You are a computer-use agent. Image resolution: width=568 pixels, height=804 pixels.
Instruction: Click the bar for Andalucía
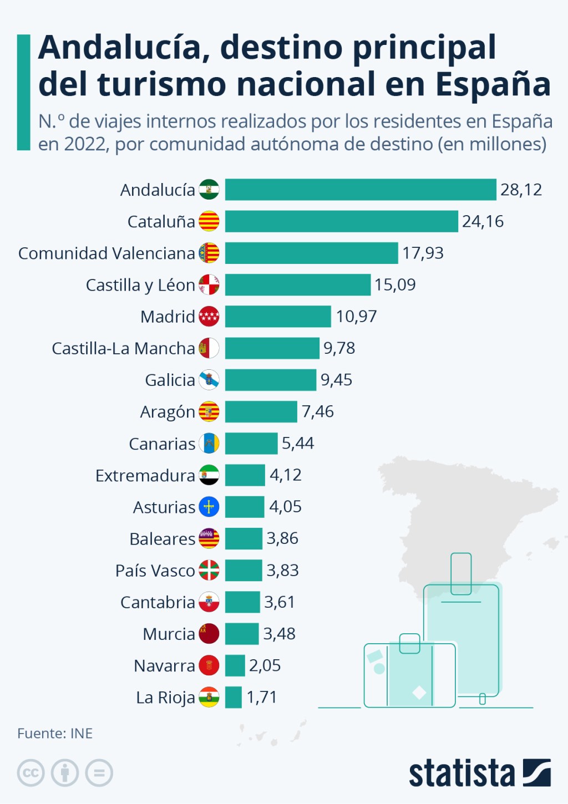coord(361,190)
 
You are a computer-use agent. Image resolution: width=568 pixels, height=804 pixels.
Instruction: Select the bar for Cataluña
coord(341,221)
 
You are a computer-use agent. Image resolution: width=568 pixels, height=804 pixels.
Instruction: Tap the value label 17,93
coord(423,253)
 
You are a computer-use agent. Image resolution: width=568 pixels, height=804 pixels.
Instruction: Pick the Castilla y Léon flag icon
coord(209,285)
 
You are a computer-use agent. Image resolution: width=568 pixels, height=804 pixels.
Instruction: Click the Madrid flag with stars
coord(209,317)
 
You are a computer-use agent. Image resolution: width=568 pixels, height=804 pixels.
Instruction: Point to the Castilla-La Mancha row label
coord(123,348)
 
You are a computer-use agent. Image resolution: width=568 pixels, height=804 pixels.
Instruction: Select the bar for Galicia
coord(271,380)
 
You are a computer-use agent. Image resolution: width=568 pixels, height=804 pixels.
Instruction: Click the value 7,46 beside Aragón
coord(317,411)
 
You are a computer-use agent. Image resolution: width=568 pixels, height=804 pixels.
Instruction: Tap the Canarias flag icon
coord(209,444)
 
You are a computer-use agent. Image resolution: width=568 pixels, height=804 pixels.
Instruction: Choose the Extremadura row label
coord(145,476)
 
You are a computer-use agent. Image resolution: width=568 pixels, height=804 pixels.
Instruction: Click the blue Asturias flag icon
coord(209,507)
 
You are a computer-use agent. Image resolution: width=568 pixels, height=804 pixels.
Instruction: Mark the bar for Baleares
coord(244,538)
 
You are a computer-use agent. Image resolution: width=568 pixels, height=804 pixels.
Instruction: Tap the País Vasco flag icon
coord(209,570)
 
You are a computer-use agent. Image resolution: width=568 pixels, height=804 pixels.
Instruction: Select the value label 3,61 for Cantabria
coord(280,602)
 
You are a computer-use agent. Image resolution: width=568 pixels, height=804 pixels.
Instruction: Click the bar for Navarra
coord(235,665)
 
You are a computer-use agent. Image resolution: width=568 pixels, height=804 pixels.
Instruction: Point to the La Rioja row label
coord(165,698)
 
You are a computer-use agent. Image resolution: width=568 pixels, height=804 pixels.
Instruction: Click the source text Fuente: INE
coord(55,734)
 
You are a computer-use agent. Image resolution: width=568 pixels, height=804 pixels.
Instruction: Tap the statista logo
coord(479,773)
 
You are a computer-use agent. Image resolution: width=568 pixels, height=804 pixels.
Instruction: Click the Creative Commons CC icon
coord(31,773)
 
